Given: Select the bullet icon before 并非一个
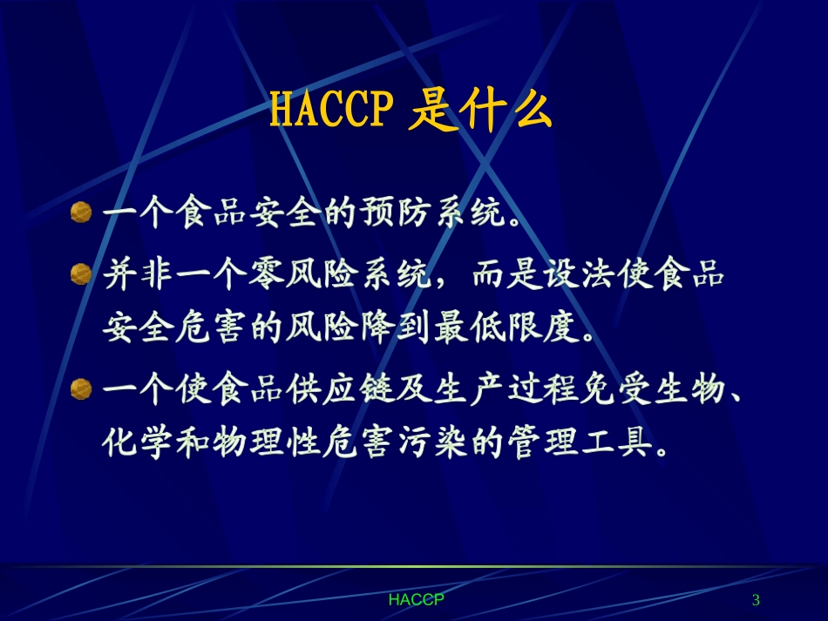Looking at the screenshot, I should coord(81,274).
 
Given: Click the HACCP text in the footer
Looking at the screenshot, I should coord(416,600).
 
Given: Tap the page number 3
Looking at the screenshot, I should coord(756,600).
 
